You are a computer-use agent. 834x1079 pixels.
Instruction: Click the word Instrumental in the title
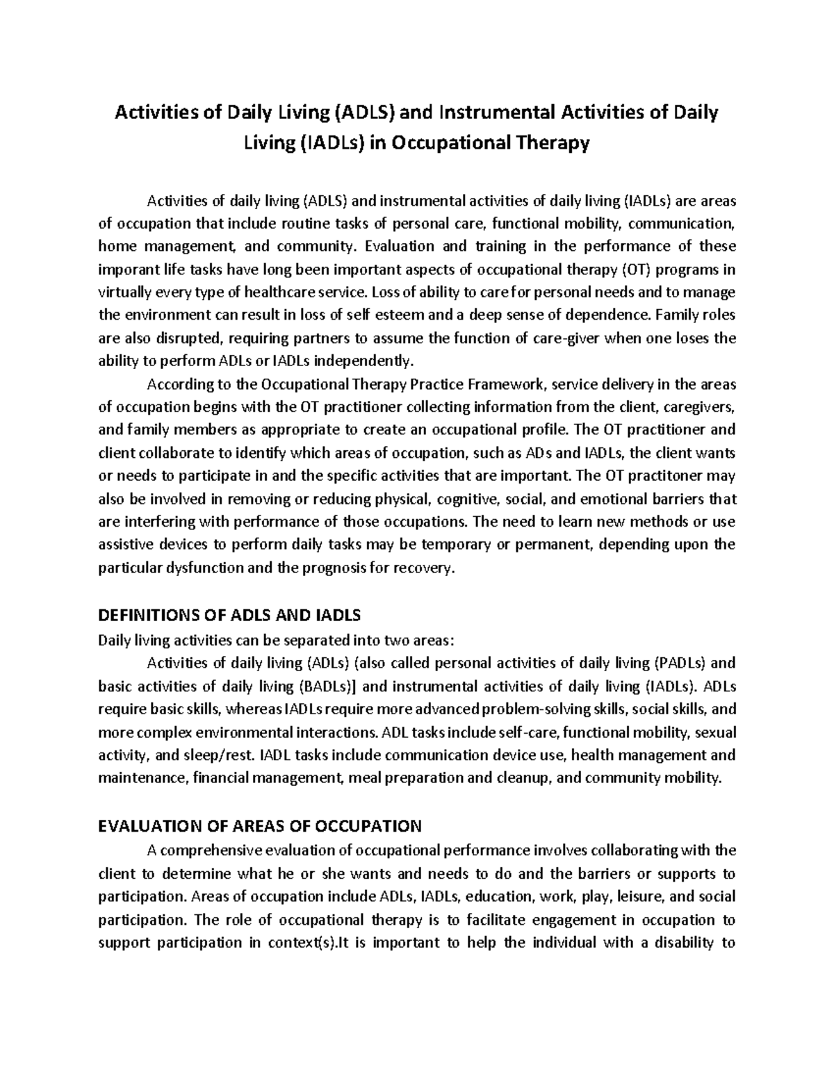coord(493,112)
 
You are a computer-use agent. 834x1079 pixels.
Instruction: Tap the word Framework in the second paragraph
coord(509,384)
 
